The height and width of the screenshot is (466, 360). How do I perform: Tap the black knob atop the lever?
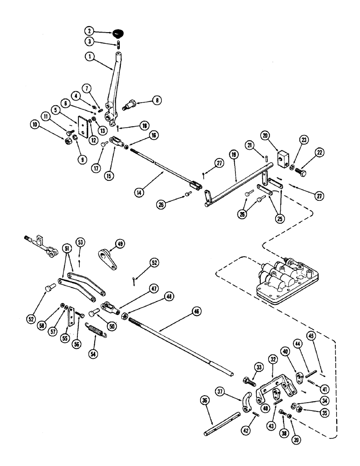coord(118,33)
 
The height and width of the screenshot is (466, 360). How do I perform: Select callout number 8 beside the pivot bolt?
coord(156,99)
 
